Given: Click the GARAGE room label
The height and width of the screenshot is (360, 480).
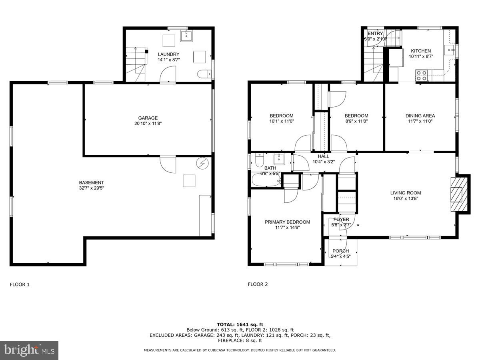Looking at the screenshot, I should (148, 118).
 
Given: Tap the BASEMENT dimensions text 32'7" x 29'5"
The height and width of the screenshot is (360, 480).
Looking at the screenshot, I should (92, 188).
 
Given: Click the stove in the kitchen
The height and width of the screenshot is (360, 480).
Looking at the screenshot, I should (422, 75).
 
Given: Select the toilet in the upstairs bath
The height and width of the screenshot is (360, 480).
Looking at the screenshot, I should (258, 160).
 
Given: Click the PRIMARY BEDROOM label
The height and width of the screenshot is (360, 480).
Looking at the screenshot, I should (287, 222).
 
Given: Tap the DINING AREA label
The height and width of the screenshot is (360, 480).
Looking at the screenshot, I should (420, 116).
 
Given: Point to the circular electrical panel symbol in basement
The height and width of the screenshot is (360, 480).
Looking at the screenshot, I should (202, 163).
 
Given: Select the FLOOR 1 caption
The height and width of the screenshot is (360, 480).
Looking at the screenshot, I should (20, 284).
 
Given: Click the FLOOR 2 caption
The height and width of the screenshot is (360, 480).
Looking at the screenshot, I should (258, 284).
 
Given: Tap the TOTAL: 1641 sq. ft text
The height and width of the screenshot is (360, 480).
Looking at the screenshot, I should (240, 324).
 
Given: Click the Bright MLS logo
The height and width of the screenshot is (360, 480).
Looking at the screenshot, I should (29, 350).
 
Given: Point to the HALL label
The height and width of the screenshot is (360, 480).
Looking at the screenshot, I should (323, 156).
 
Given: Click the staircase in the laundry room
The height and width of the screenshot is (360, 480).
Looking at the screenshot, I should (135, 64).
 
